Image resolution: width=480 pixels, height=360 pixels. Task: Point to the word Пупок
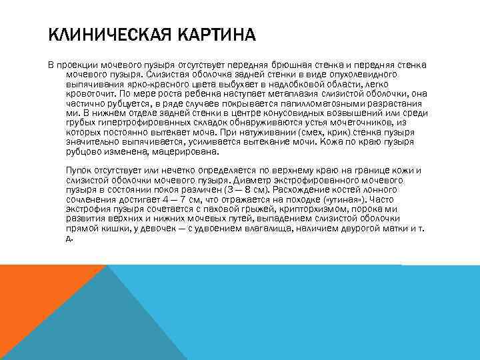[x=79, y=171]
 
